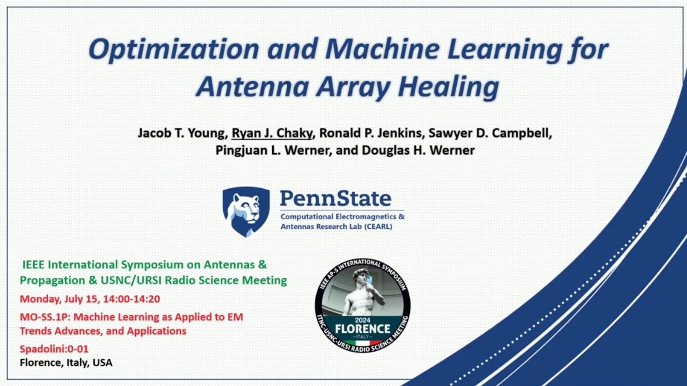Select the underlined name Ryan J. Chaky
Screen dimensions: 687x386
[272, 133]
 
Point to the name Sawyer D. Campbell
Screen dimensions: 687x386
[490, 133]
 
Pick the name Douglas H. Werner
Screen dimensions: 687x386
[418, 150]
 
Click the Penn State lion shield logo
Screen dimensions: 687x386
[246, 212]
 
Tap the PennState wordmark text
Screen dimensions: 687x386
[335, 198]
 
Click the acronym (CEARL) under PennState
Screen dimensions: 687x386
[378, 227]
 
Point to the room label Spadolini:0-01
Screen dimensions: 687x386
[54, 349]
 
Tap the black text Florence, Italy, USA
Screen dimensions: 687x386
[66, 362]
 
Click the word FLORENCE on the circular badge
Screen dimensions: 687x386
[362, 329]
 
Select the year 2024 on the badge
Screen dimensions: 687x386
[362, 320]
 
